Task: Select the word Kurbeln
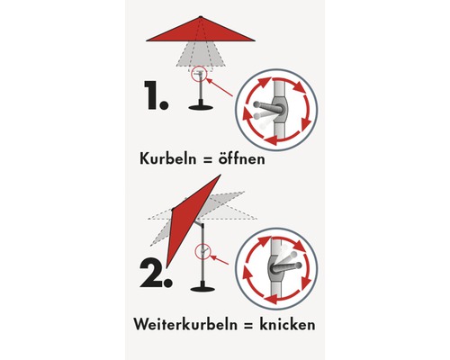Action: pos(170,157)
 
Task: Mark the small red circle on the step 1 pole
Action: pos(198,76)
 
